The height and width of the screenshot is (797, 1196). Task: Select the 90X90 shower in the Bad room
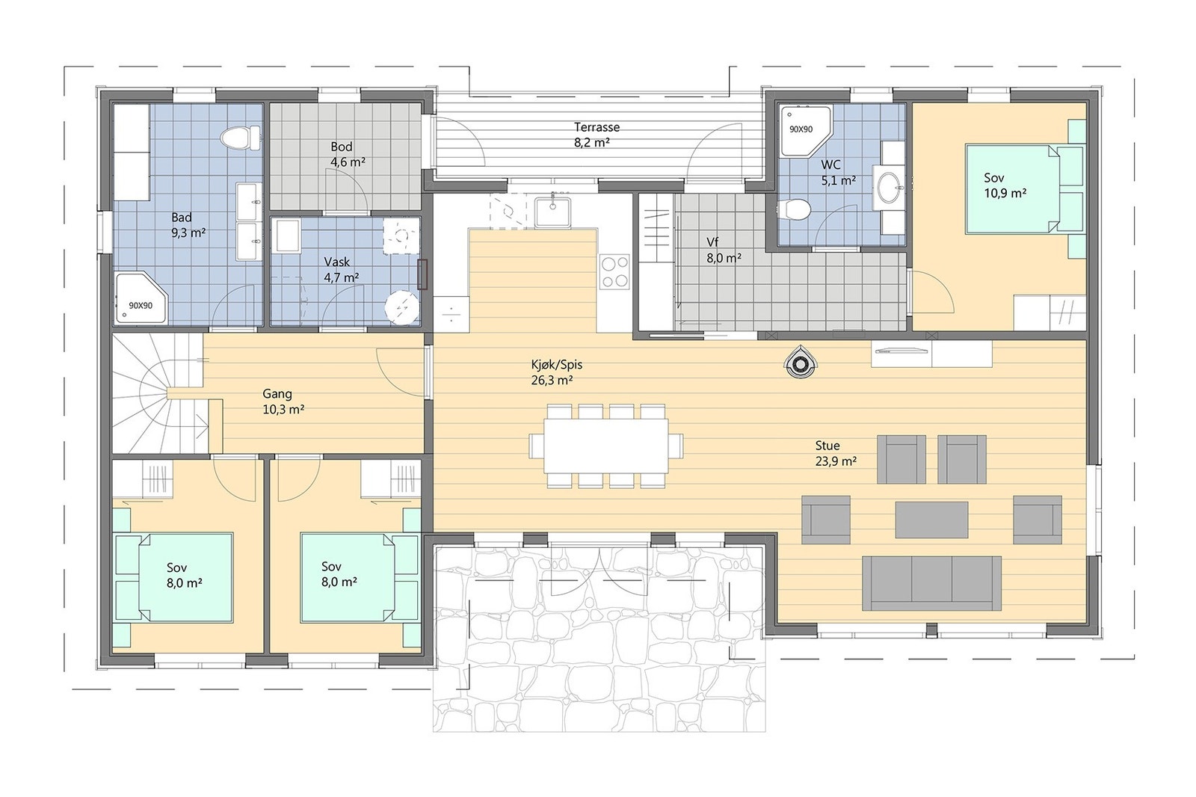141,299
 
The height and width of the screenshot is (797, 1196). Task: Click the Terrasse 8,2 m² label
597,135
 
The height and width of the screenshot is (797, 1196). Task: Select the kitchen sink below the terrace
554,210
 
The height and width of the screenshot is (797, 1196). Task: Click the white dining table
605,446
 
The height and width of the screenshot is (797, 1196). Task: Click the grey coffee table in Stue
931,519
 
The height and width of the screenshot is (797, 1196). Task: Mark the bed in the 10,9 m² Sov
1015,188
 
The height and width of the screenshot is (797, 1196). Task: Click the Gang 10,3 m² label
283,401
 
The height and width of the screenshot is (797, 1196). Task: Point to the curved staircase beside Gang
159,394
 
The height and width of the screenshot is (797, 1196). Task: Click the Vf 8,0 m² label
723,250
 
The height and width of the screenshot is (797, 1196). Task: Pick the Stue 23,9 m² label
835,454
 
